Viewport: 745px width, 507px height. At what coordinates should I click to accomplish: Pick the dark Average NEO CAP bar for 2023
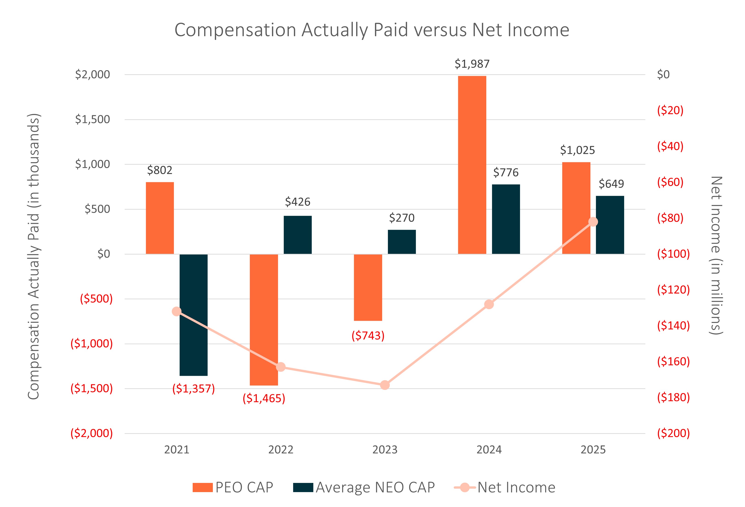[x=402, y=242]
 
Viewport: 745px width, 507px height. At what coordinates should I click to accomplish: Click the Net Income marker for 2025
[x=593, y=222]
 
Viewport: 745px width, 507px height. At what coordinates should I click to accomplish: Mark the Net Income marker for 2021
[x=177, y=311]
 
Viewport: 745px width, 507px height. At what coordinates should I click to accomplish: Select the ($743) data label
[x=368, y=335]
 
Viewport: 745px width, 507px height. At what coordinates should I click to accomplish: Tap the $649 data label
[x=611, y=184]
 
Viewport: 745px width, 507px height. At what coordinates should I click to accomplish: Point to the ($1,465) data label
[x=264, y=398]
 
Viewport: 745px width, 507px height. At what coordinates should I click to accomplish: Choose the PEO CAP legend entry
[x=233, y=488]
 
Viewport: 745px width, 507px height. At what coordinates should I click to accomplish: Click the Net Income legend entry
[x=505, y=488]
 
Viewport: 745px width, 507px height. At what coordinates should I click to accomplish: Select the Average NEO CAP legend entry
[x=364, y=488]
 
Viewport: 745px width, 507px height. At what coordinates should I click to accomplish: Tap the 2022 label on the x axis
[x=281, y=450]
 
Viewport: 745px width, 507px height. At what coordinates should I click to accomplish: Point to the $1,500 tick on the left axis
[x=92, y=119]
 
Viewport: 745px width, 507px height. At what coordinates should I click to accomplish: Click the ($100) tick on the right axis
[x=673, y=254]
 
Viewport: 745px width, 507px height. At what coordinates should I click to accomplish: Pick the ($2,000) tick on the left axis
[x=92, y=433]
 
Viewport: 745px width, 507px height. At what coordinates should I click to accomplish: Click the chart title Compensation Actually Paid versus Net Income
[x=372, y=30]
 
